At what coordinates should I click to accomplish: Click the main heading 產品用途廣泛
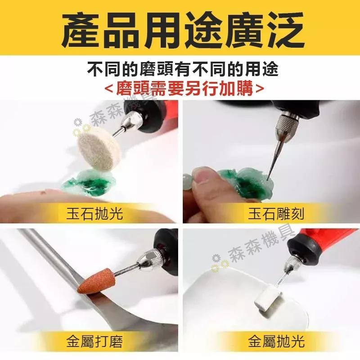point(180,28)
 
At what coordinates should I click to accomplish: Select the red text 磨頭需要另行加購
point(180,87)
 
